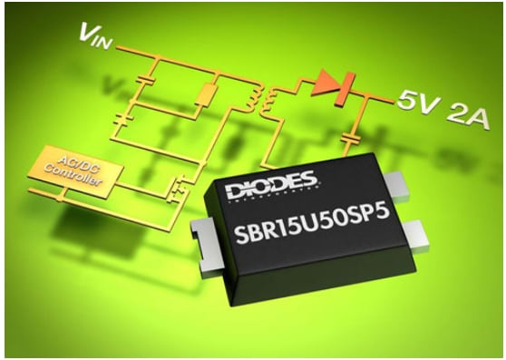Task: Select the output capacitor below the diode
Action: (350, 138)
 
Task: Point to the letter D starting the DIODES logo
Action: (243, 188)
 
